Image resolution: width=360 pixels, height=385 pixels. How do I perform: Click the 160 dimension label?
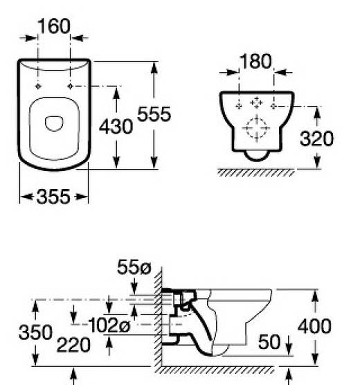(54, 26)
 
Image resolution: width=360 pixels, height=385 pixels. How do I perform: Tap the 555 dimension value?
(154, 114)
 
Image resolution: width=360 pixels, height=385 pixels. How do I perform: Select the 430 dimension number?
(116, 126)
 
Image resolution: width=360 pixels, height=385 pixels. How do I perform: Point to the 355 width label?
(53, 197)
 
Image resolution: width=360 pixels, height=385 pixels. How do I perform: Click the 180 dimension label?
(255, 61)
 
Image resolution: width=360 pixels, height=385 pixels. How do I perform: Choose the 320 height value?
(317, 138)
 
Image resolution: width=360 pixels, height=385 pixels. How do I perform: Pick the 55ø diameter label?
(134, 267)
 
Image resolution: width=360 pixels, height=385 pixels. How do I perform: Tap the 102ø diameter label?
(109, 325)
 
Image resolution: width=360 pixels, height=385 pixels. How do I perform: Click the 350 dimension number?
(35, 332)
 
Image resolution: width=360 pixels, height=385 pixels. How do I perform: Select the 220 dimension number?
(73, 345)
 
